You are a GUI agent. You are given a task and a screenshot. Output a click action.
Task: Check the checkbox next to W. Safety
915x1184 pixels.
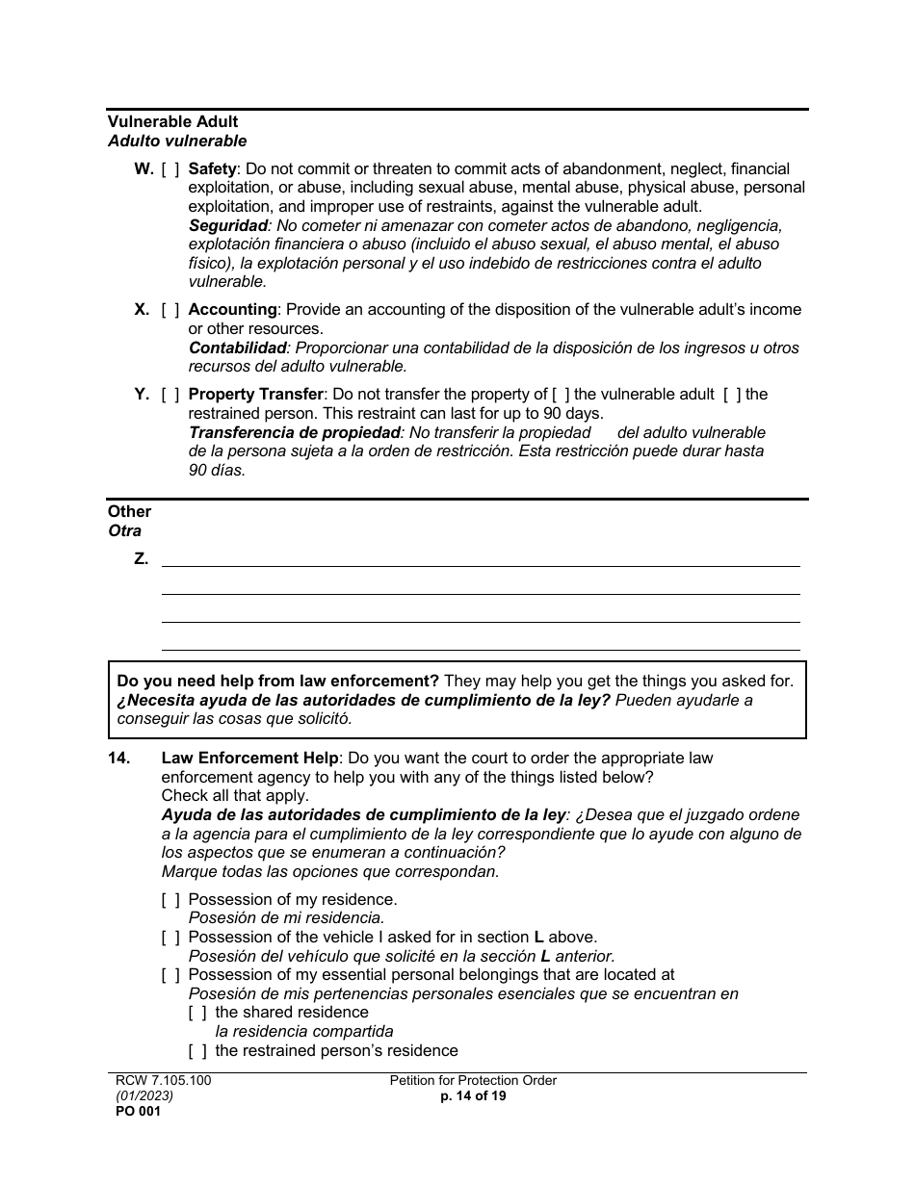click(170, 168)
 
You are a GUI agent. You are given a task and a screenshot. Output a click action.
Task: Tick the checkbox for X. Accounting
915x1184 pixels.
click(170, 310)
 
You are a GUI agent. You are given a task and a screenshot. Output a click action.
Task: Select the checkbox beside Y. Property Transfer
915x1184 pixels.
click(170, 395)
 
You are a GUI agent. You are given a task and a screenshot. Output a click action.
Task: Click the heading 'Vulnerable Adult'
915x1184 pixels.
click(172, 122)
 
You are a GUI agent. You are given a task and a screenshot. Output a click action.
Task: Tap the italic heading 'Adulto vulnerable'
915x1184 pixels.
click(177, 142)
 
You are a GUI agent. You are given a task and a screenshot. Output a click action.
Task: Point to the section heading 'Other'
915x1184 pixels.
click(129, 512)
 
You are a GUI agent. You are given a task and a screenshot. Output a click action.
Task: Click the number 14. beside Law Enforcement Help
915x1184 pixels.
click(118, 759)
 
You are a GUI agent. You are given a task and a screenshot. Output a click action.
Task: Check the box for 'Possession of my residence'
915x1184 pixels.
click(170, 900)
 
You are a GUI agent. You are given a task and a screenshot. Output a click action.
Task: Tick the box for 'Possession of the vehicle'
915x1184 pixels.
click(170, 938)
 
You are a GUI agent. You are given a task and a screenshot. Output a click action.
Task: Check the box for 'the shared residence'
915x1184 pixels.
click(197, 1013)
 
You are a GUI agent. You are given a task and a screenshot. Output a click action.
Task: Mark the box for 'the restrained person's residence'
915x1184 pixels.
click(197, 1051)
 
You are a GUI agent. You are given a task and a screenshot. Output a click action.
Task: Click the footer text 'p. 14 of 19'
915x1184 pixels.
click(473, 1096)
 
